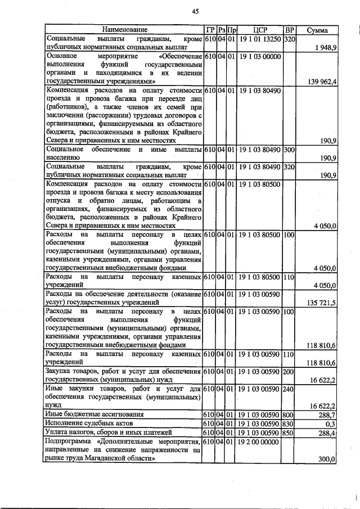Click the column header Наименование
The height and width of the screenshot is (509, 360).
pos(125,30)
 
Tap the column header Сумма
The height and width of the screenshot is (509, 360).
pos(317,30)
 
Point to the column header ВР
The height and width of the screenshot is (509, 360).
pos(290,30)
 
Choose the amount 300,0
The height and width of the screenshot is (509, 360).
pos(327,459)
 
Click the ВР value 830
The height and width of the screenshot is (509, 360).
pos(290,424)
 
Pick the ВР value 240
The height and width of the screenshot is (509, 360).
pos(290,389)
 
